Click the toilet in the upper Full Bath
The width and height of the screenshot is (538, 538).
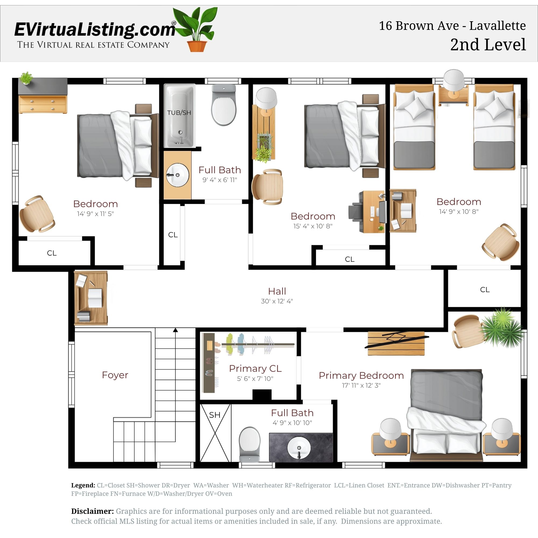point(224,106)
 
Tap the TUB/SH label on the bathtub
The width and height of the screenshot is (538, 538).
point(179,113)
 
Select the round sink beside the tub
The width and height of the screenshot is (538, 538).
point(177,175)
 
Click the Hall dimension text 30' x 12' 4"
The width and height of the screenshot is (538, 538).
point(277,301)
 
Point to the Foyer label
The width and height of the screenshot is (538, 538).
point(115,375)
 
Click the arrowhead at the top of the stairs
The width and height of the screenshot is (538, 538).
point(175,330)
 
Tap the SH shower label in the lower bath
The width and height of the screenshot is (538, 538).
point(215,415)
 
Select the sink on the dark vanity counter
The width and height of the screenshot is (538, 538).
point(299,448)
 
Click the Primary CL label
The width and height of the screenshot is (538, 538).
point(255,369)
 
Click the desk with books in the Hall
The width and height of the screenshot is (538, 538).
point(91,298)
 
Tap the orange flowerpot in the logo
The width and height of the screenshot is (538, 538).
point(197,46)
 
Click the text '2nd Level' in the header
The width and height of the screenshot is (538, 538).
point(488,45)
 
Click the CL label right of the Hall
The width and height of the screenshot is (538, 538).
point(484,290)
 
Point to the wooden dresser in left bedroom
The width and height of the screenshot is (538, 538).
point(43,104)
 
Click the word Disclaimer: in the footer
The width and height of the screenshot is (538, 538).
point(92,511)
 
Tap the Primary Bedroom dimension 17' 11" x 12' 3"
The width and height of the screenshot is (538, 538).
point(361,385)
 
